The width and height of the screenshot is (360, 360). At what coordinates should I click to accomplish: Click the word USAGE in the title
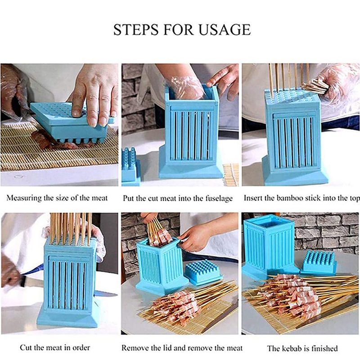[224, 30]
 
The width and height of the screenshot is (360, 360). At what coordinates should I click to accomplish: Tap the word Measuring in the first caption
[24, 198]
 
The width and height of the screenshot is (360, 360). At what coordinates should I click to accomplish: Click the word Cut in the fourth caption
[26, 347]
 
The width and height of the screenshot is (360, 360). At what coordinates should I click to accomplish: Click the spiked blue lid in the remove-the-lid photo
[203, 272]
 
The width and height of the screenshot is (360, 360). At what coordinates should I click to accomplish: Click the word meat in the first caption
[99, 198]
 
